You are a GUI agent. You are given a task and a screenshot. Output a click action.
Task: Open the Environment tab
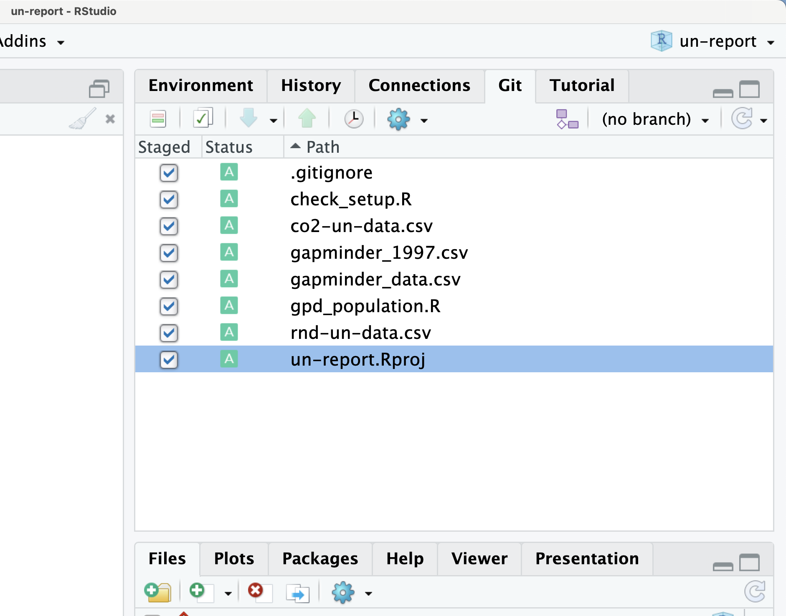pyautogui.click(x=201, y=86)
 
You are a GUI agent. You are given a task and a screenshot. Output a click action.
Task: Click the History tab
pyautogui.click(x=311, y=86)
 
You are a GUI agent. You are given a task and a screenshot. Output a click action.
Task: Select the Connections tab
pyautogui.click(x=419, y=86)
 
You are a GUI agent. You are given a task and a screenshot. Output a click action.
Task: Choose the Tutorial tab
pyautogui.click(x=582, y=86)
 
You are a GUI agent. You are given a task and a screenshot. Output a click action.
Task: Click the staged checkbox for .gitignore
pyautogui.click(x=169, y=173)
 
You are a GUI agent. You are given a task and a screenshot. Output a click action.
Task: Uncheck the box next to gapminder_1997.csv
pyautogui.click(x=169, y=253)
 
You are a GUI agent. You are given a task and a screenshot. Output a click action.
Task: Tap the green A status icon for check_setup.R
pyautogui.click(x=229, y=199)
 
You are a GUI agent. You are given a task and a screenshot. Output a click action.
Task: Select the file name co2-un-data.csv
pyautogui.click(x=362, y=226)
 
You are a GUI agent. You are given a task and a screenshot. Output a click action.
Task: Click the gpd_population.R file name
pyautogui.click(x=365, y=306)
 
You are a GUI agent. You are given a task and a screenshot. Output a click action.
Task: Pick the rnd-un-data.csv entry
pyautogui.click(x=361, y=333)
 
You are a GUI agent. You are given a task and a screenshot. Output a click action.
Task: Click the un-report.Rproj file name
pyautogui.click(x=358, y=360)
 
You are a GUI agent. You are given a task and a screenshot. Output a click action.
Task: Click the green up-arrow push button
pyautogui.click(x=307, y=119)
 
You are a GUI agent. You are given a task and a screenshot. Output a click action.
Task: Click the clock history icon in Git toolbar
pyautogui.click(x=354, y=119)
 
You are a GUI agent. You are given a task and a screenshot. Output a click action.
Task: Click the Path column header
pyautogui.click(x=323, y=147)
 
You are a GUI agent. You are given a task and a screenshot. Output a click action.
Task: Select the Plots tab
pyautogui.click(x=234, y=559)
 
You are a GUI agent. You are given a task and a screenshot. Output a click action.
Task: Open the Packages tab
pyautogui.click(x=320, y=559)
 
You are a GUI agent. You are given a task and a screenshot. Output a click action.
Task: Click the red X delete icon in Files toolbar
pyautogui.click(x=256, y=591)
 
